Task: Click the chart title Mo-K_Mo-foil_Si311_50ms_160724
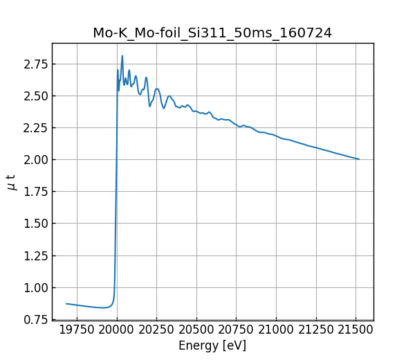pyautogui.click(x=212, y=33)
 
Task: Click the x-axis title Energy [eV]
pyautogui.click(x=212, y=345)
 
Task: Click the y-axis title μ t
pyautogui.click(x=11, y=182)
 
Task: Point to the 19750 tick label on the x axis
pyautogui.click(x=77, y=330)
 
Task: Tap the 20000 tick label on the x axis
pyautogui.click(x=116, y=330)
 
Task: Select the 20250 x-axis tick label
pyautogui.click(x=156, y=330)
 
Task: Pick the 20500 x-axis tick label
pyautogui.click(x=196, y=330)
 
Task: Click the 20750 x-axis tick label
pyautogui.click(x=237, y=330)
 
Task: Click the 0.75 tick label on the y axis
pyautogui.click(x=35, y=319)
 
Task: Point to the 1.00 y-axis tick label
pyautogui.click(x=35, y=287)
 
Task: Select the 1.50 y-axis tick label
pyautogui.click(x=35, y=224)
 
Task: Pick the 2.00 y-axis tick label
pyautogui.click(x=35, y=160)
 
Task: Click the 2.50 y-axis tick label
pyautogui.click(x=35, y=96)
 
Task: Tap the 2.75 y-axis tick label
pyautogui.click(x=35, y=64)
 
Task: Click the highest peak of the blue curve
pyautogui.click(x=122, y=55)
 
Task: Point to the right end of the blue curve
pyautogui.click(x=359, y=159)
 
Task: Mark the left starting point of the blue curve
pyautogui.click(x=66, y=303)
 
